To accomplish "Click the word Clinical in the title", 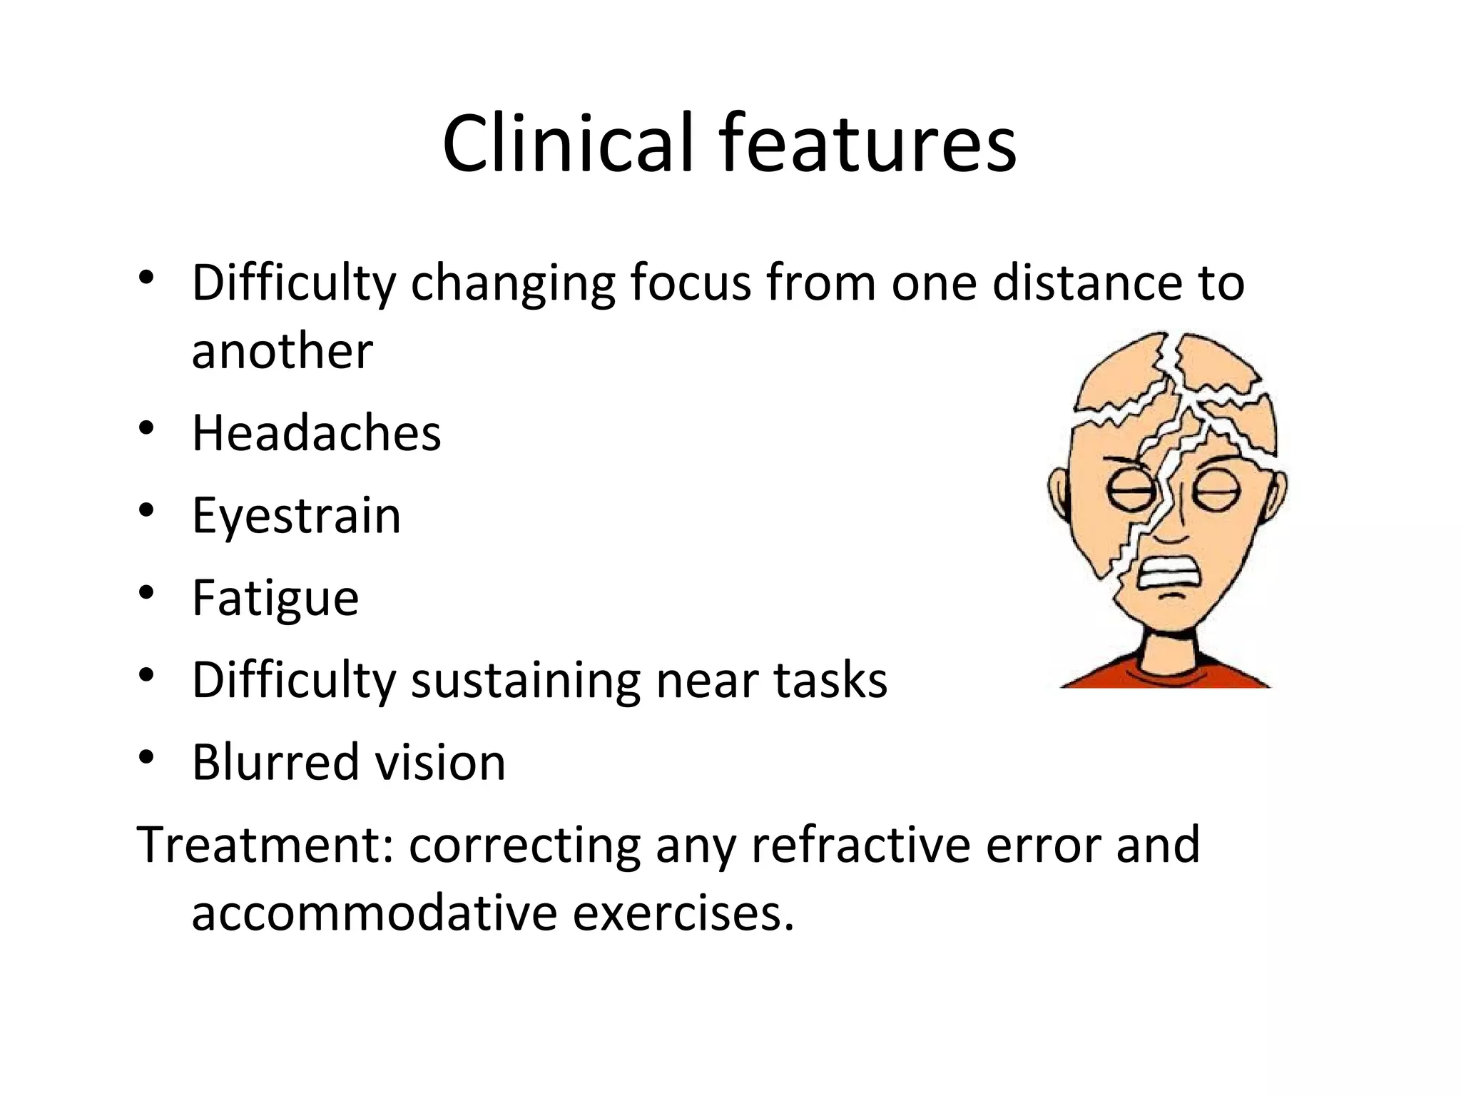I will coord(567,144).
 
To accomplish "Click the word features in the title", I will coord(867,144).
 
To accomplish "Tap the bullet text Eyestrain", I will coord(296,516).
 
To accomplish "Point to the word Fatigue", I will coord(275,598).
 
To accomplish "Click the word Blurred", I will coord(275,762).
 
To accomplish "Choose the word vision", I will coord(440,762).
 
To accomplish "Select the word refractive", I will coord(860,845).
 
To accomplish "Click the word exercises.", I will coord(683,913).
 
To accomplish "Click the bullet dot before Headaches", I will coord(146,428).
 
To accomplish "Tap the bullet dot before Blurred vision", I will coord(146,757).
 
